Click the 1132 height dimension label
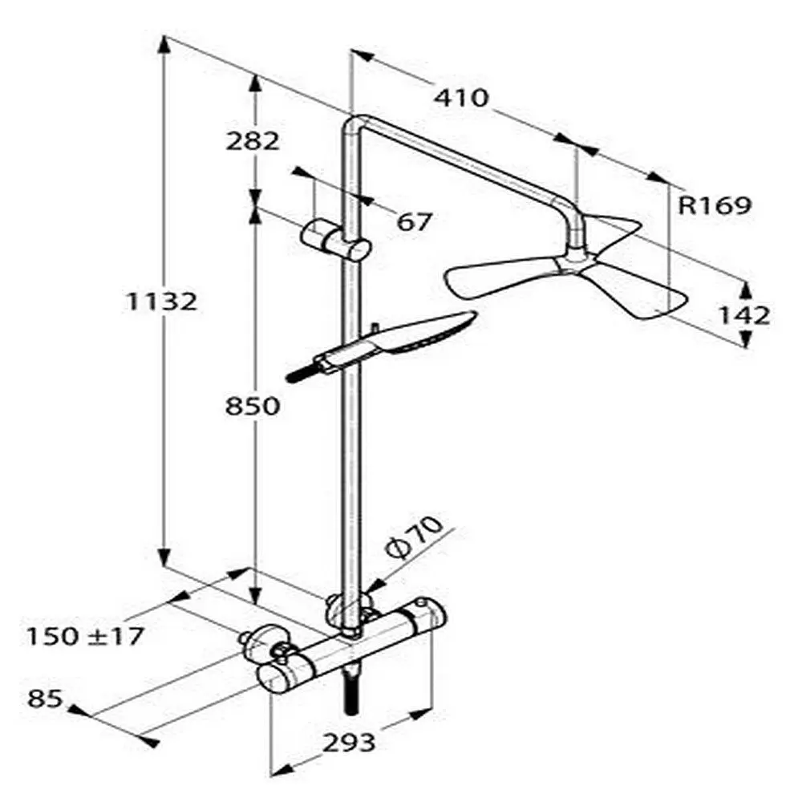161,302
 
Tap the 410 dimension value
461,97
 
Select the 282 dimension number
253,140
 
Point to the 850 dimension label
253,406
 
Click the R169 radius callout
715,205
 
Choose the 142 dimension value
744,315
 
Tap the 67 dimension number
415,221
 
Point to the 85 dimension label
45,699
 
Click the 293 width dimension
349,742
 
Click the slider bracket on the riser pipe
335,241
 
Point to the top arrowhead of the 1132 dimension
163,45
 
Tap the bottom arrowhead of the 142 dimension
746,338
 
